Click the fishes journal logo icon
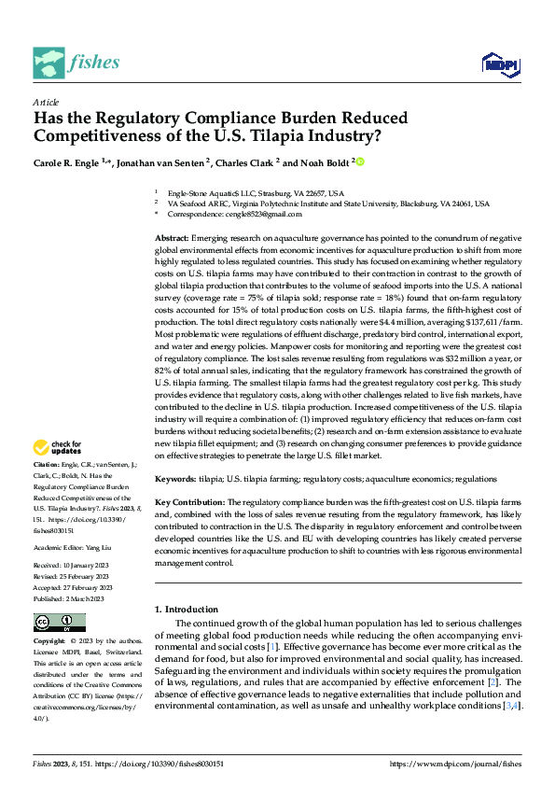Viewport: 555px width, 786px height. pyautogui.click(x=49, y=63)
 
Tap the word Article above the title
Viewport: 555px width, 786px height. pyautogui.click(x=46, y=102)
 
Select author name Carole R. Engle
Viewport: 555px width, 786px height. pyautogui.click(x=68, y=162)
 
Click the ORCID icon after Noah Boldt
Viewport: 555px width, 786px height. pyautogui.click(x=359, y=162)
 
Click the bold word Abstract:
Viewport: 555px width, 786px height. pyautogui.click(x=172, y=238)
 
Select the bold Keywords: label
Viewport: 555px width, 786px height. pyautogui.click(x=175, y=479)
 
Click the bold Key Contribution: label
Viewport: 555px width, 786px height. pyautogui.click(x=190, y=501)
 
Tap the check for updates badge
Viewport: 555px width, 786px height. pyautogui.click(x=59, y=446)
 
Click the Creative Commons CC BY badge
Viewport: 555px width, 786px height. pyautogui.click(x=59, y=623)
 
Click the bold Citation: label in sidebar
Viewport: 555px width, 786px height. pyautogui.click(x=47, y=464)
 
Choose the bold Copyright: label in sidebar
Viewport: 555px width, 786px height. pyautogui.click(x=50, y=642)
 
